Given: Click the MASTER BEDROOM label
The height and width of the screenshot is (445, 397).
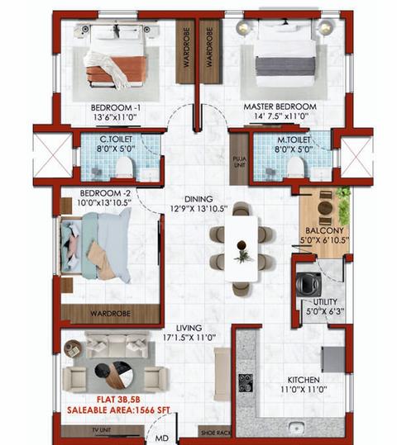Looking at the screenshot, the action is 280,107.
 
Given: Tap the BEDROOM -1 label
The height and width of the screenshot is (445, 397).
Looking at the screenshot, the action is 116,108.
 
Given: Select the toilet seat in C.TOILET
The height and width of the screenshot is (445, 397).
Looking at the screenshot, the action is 124,167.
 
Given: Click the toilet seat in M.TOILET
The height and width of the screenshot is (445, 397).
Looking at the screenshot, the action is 295,167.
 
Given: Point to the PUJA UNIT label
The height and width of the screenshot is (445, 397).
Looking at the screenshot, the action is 240,161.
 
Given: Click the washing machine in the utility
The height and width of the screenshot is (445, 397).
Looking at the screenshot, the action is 309,283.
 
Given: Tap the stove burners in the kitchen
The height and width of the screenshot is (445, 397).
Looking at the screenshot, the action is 246,383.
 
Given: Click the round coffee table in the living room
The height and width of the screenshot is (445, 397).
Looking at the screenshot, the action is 113,375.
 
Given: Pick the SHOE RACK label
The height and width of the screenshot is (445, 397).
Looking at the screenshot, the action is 216,433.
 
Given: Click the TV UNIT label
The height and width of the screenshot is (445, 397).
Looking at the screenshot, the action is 102,430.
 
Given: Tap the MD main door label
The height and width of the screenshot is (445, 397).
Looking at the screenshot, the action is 161,438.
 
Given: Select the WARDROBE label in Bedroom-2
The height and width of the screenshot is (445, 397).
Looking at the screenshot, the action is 110,314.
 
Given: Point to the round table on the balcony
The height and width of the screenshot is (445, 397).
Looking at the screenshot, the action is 325,208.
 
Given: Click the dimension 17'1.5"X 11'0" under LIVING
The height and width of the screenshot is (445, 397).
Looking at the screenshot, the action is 189,338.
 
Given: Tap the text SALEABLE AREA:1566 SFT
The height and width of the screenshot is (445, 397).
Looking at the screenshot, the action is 118,410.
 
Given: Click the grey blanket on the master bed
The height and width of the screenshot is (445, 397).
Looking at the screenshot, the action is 285,66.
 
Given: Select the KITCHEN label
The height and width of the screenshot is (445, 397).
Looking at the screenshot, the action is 304,380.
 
